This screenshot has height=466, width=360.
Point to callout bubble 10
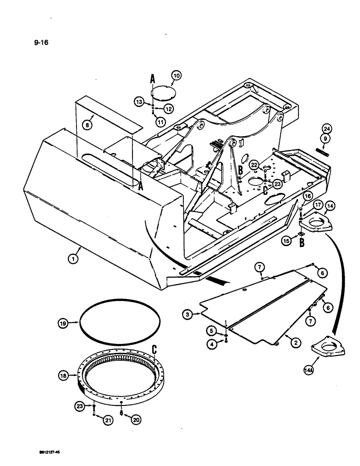coord(177,75)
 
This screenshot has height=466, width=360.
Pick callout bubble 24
coord(327,130)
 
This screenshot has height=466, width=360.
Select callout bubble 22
coord(254,164)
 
